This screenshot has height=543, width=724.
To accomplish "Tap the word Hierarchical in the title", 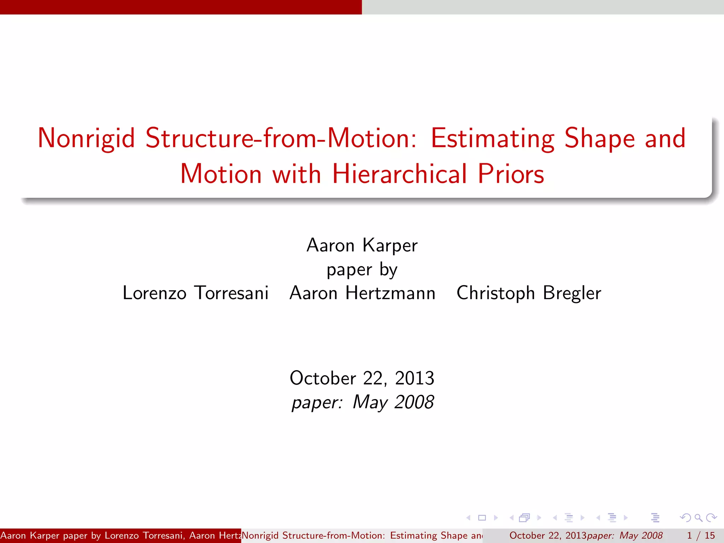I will point(399,174).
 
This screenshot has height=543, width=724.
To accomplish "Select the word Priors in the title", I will point(510,174).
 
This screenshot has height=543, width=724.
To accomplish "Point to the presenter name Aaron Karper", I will point(362,245).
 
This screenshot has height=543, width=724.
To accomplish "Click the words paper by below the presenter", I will point(362,270).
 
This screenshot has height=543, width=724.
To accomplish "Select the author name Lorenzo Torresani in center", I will point(195,293).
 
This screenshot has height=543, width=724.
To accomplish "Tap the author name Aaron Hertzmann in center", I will point(362,293).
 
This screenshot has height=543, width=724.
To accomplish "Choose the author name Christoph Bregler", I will point(529,293).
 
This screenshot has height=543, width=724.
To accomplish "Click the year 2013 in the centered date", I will point(414,378).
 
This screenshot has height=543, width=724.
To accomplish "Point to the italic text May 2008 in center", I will point(393,402).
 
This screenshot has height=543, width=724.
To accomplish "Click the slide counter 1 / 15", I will point(700,536).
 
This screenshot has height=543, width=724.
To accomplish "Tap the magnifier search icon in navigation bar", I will point(698,518).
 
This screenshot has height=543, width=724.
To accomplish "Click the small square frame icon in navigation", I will point(482,518).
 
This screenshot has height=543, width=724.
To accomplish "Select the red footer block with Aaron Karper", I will point(120,536).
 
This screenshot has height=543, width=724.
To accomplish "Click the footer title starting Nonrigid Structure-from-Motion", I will point(362,536).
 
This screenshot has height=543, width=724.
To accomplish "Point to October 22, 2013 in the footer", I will point(548,536).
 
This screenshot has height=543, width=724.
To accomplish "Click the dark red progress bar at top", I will point(181,7).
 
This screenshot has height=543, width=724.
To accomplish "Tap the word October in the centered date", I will point(322,378).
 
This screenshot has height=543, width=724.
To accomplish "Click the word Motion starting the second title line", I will point(221,174).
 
